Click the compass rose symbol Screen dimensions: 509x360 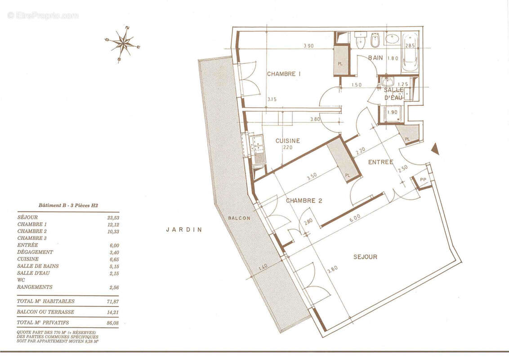(123, 44)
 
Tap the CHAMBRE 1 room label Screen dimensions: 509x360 (284, 74)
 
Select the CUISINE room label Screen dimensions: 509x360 (288, 141)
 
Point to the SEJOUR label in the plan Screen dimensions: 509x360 (365, 256)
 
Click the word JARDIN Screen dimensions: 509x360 (184, 229)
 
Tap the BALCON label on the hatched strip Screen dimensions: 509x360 (239, 218)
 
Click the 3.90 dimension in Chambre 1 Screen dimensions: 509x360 (308, 46)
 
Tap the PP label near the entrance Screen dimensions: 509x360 (423, 180)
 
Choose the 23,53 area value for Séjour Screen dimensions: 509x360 (113, 218)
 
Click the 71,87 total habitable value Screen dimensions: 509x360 (113, 301)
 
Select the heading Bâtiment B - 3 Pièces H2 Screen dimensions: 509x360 (68, 205)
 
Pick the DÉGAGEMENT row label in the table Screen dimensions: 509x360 (35, 252)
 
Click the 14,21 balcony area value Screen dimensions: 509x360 (113, 312)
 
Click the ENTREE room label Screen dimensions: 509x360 (380, 162)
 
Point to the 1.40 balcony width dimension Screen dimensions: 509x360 (263, 268)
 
